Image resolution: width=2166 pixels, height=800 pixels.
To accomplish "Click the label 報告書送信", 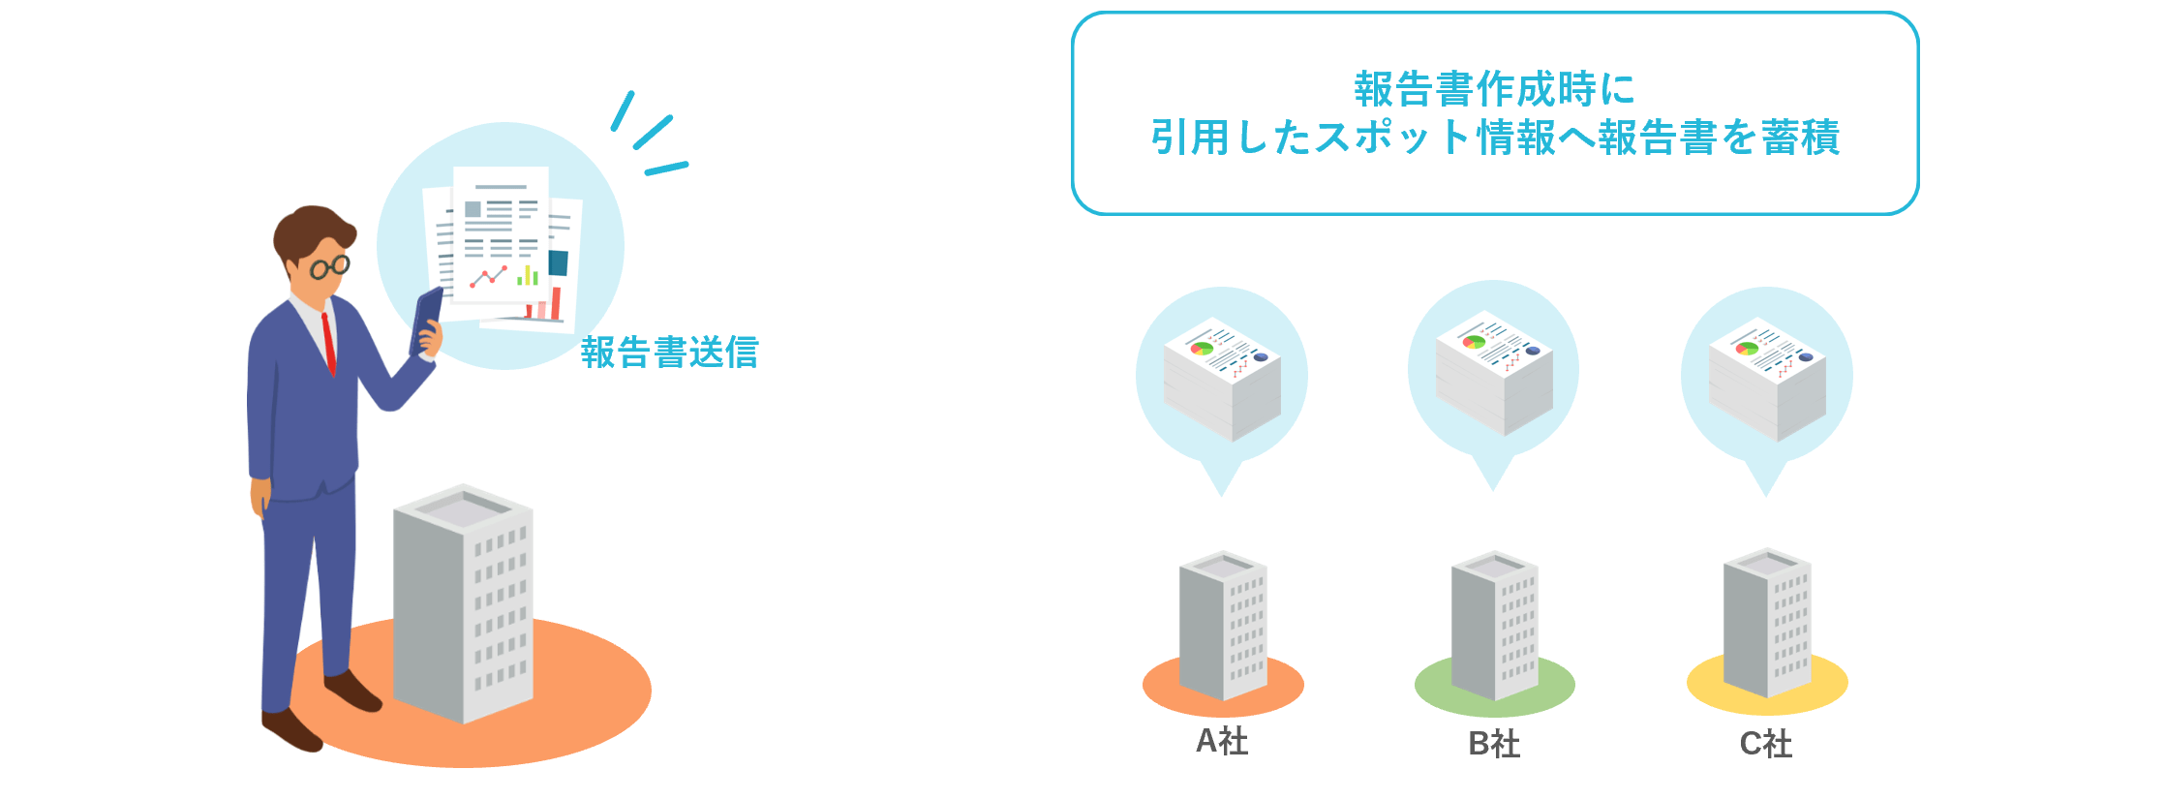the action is [x=669, y=352].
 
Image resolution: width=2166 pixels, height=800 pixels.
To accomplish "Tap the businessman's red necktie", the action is [x=329, y=342].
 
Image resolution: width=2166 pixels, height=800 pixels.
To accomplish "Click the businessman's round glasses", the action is [x=329, y=266].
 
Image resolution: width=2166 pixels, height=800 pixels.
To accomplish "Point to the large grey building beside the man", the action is [x=463, y=602].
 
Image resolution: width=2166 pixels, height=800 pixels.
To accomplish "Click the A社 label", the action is [x=1222, y=741].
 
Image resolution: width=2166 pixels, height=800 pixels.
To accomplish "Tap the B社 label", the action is [x=1494, y=744].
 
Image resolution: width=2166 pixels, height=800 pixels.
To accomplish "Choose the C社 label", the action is [x=1766, y=744].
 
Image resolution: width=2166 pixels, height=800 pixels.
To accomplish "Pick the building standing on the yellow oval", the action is [x=1767, y=623].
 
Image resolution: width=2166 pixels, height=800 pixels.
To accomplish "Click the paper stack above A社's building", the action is [x=1222, y=379].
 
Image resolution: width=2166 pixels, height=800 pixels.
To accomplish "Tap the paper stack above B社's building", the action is [x=1494, y=373].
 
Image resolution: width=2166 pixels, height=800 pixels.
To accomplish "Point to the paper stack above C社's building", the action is [x=1767, y=379].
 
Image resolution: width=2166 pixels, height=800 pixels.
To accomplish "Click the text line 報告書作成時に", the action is [x=1495, y=89].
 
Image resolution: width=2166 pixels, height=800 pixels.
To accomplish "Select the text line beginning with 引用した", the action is [x=1495, y=137].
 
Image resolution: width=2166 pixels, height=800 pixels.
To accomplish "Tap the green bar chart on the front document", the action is [x=528, y=275].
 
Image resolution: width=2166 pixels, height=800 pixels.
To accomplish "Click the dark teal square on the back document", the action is [x=559, y=262].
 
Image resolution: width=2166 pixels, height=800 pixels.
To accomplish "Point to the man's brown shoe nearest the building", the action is [x=352, y=690].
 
